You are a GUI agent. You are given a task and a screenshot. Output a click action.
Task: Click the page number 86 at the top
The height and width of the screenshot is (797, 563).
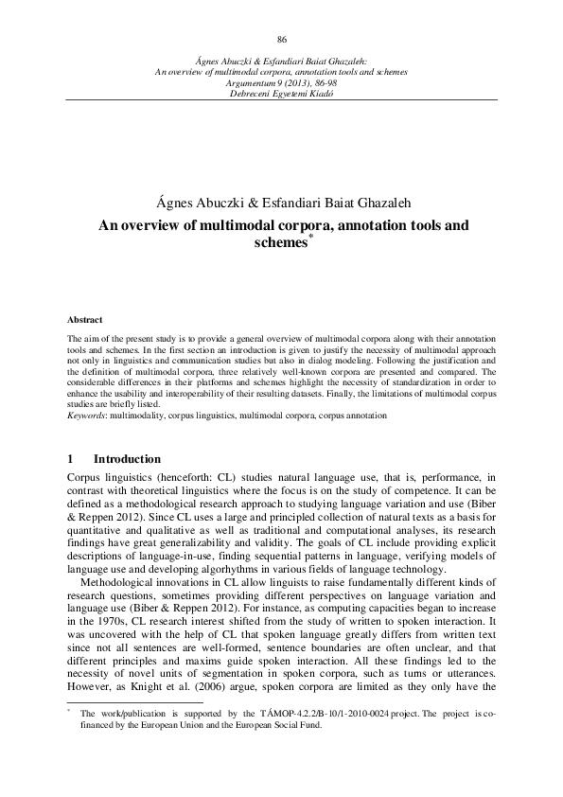(281, 39)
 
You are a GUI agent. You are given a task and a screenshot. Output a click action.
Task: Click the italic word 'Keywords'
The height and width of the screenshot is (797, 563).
(87, 416)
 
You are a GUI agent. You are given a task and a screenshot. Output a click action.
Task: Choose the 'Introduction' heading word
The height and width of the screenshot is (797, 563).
(133, 458)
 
